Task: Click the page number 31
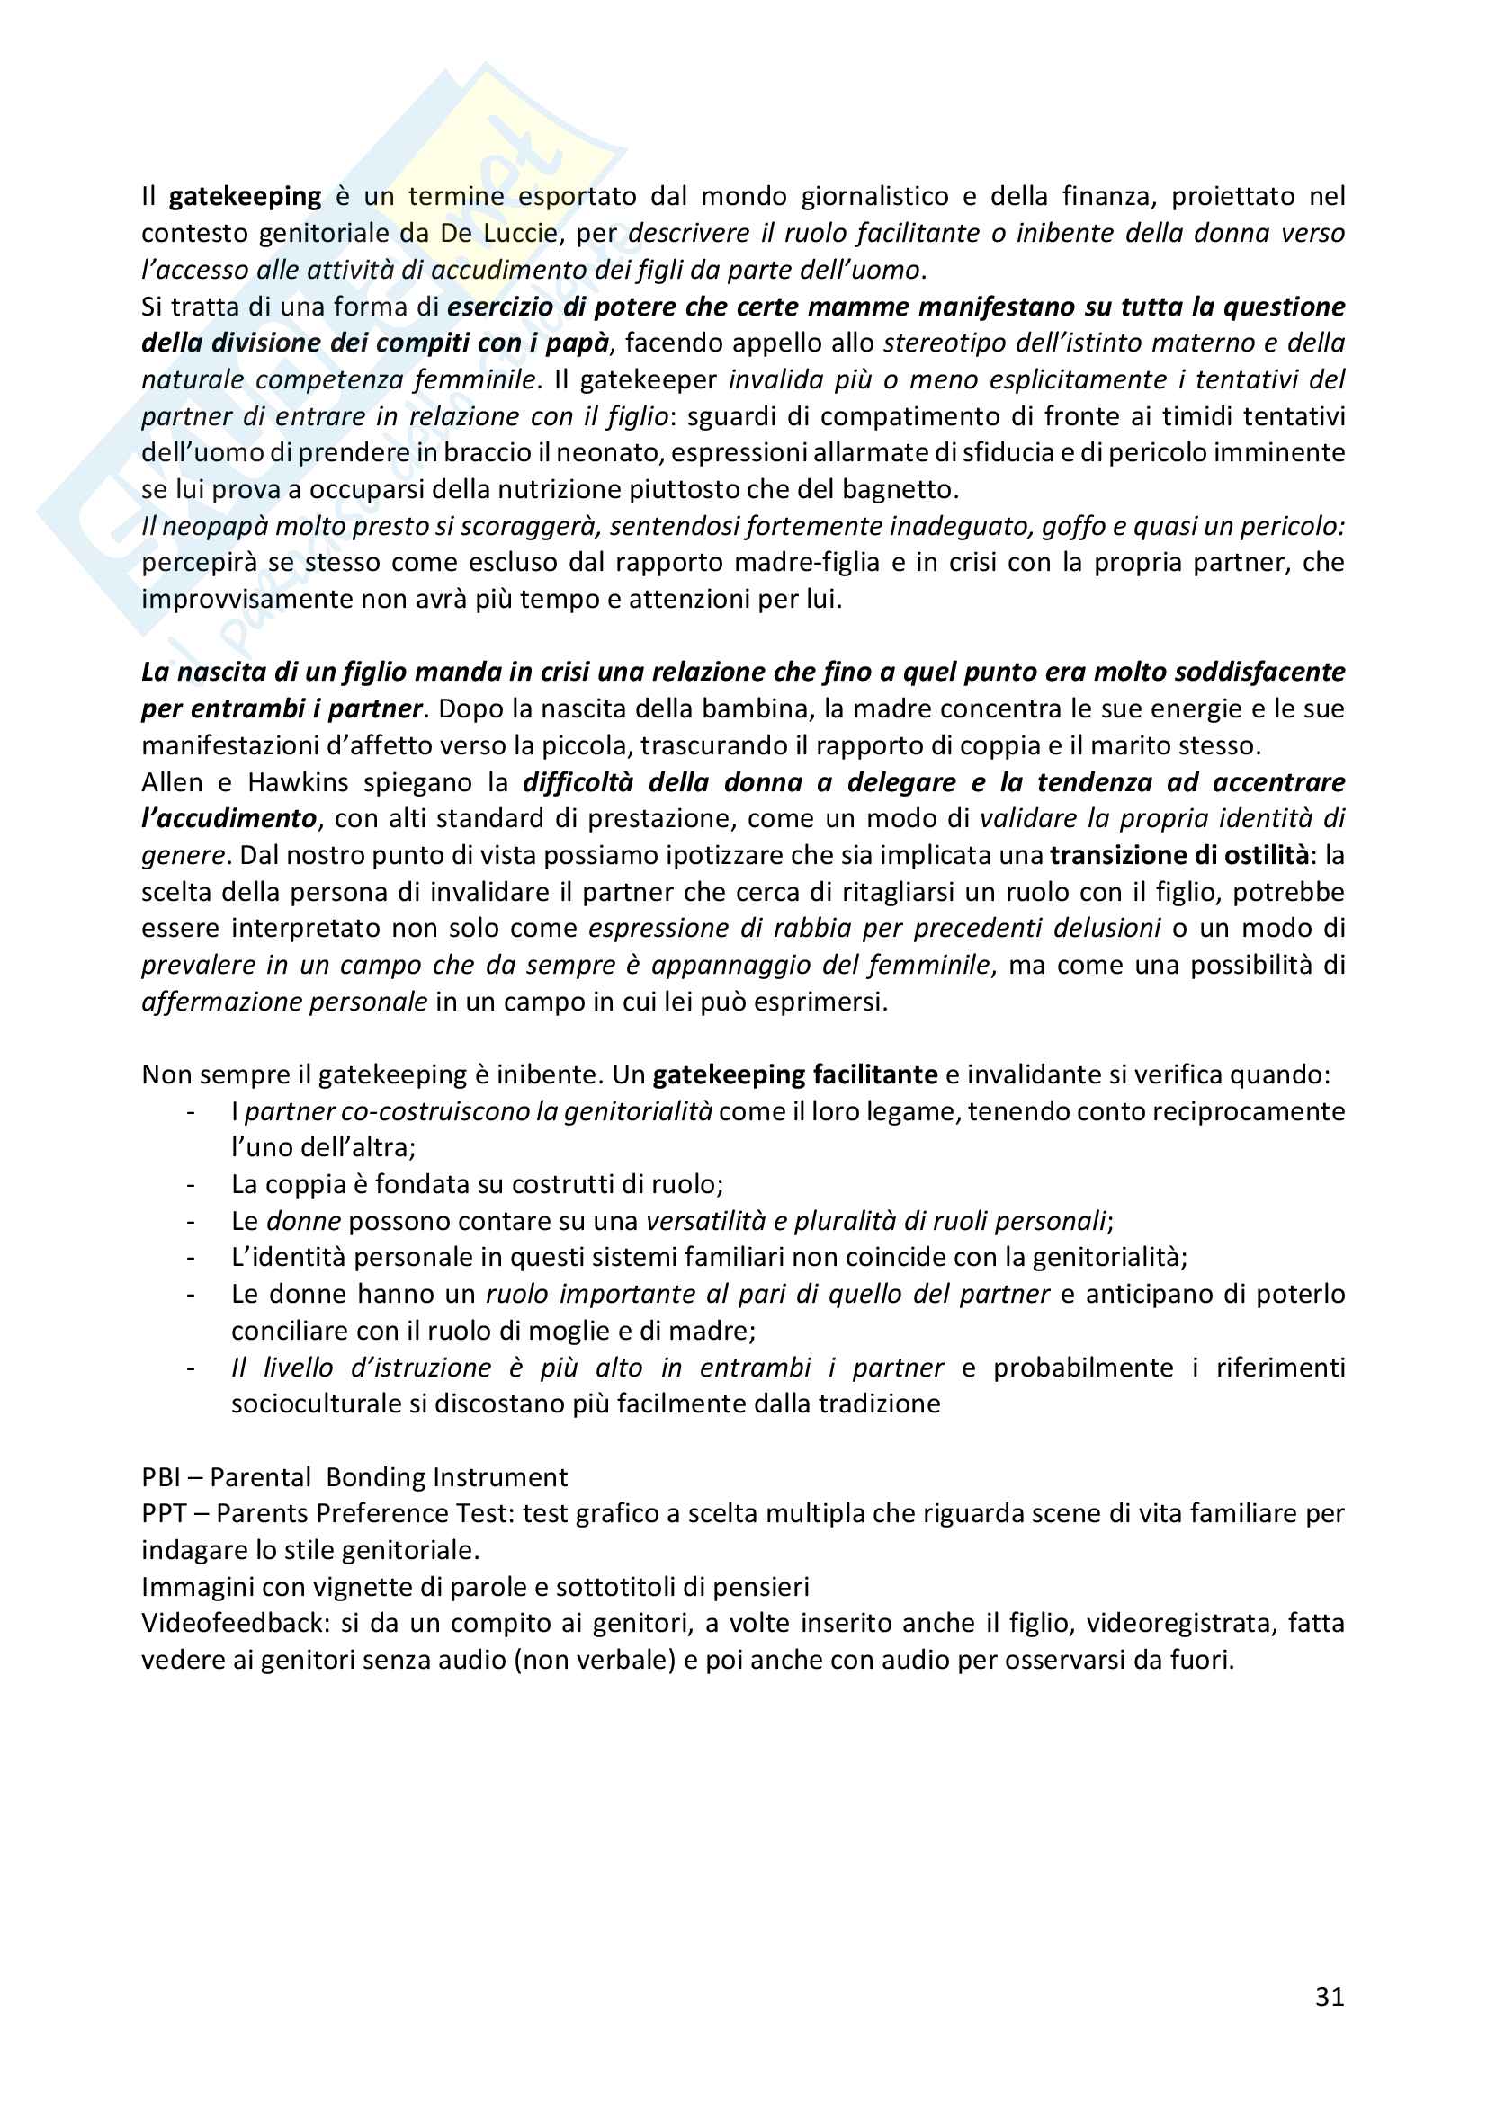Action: [x=1329, y=1997]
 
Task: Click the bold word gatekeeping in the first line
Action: [x=245, y=197]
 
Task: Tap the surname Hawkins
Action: [x=298, y=782]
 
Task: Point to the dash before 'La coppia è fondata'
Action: [x=191, y=1185]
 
